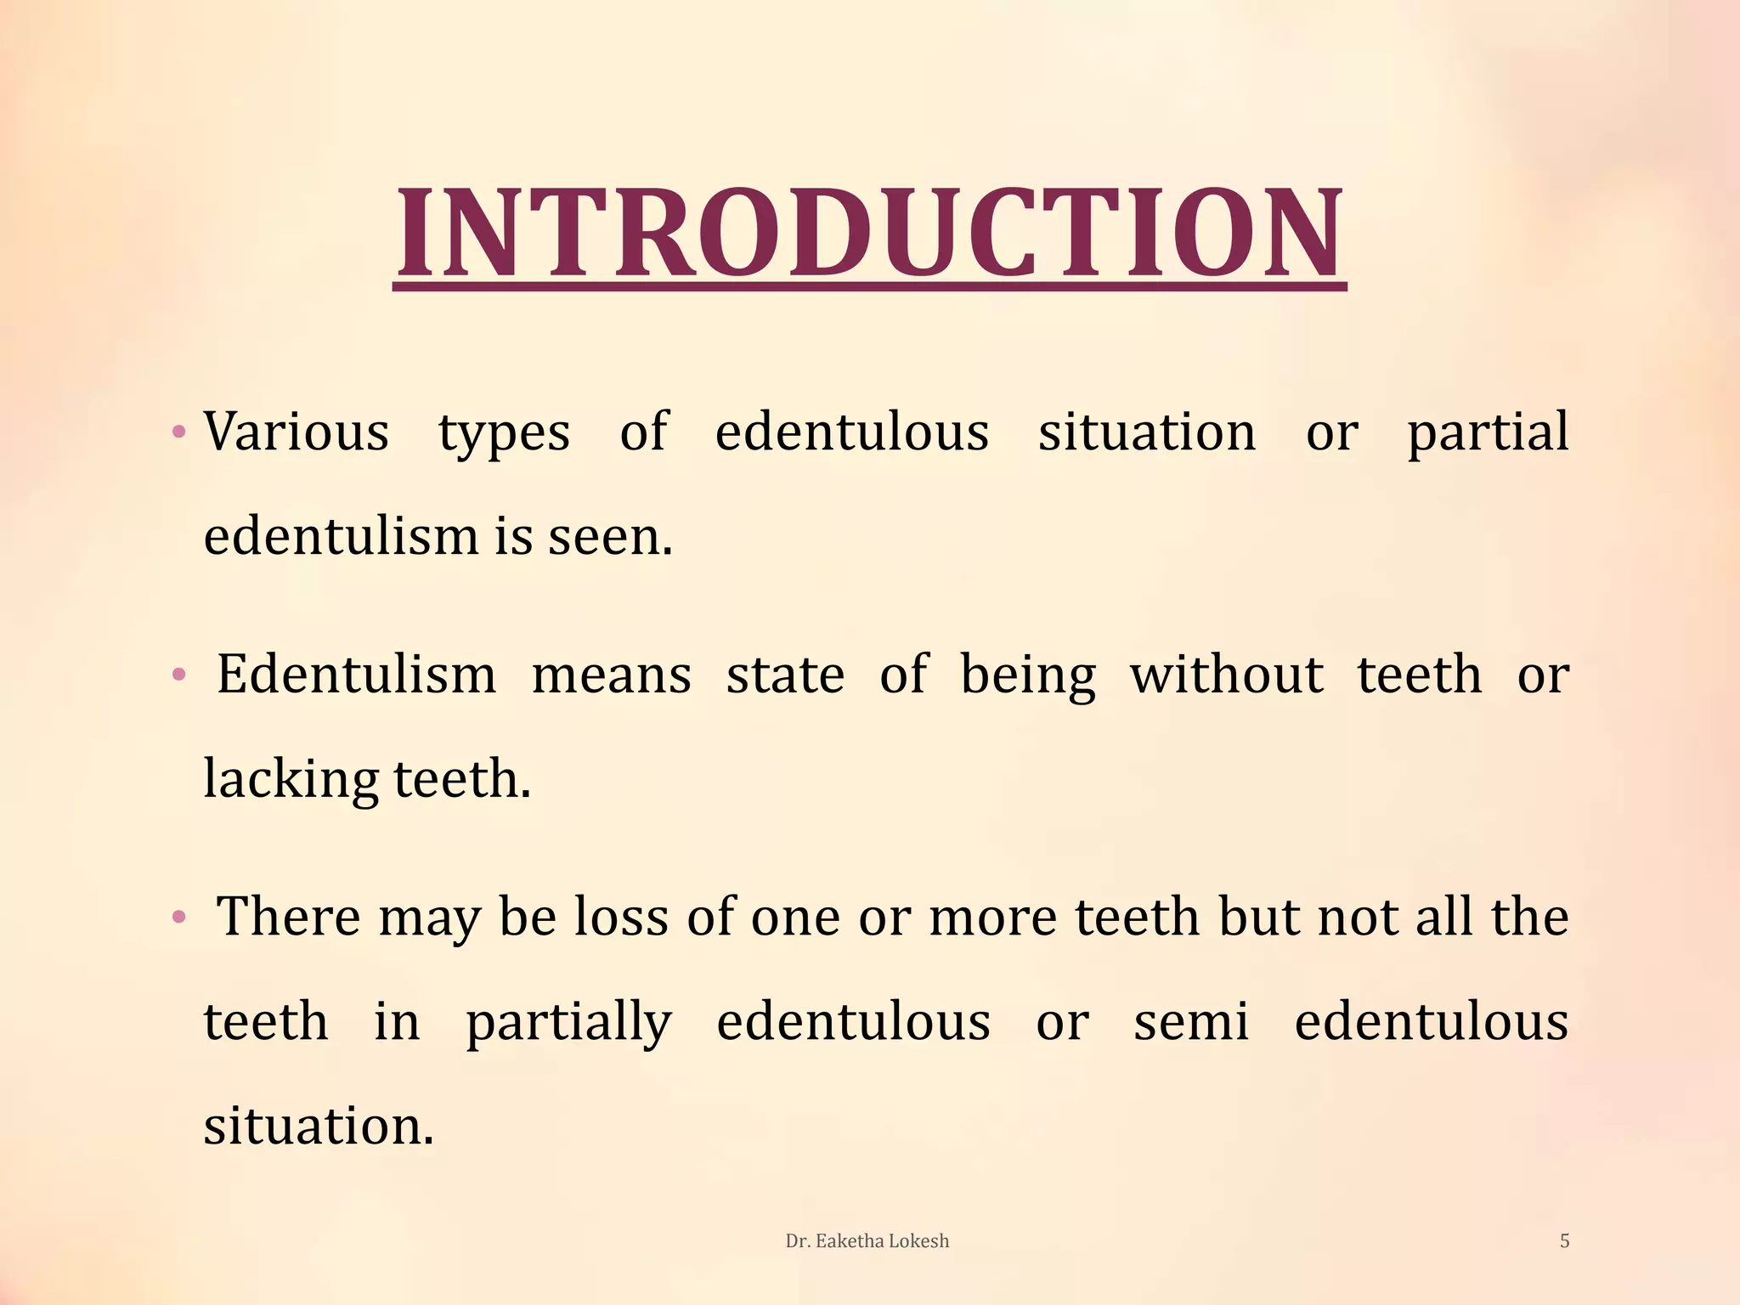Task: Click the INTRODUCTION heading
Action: click(x=869, y=233)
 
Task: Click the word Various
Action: click(x=296, y=432)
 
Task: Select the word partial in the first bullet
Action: click(x=1487, y=432)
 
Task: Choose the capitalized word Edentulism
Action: click(x=356, y=675)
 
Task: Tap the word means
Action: click(x=611, y=676)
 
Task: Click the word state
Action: click(x=785, y=676)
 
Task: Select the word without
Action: click(x=1226, y=675)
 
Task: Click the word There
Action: click(x=289, y=917)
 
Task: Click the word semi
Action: click(x=1191, y=1022)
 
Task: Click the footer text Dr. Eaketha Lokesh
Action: click(x=867, y=1241)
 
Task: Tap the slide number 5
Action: click(x=1564, y=1241)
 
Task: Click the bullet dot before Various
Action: click(x=178, y=432)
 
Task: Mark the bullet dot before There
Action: click(x=178, y=918)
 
